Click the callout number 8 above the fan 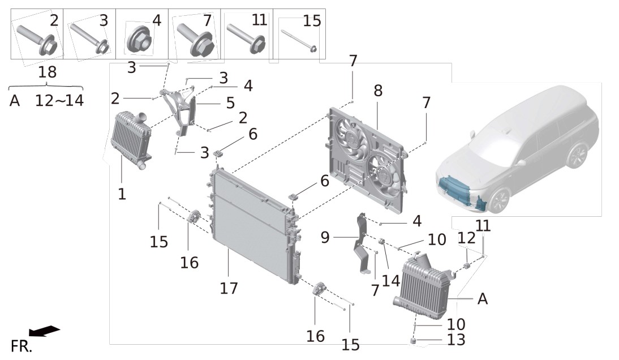(378, 91)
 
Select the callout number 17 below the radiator (229, 288)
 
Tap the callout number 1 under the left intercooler (122, 194)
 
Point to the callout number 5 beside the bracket (230, 104)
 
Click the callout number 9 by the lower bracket (325, 237)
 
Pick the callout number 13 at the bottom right (457, 340)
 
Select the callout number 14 (391, 281)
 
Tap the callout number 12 (466, 238)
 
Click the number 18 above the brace (48, 72)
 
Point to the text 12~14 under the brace (59, 101)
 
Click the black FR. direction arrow (44, 331)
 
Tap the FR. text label (22, 346)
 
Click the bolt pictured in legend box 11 (246, 38)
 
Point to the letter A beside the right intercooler (483, 299)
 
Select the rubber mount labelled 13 (413, 340)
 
